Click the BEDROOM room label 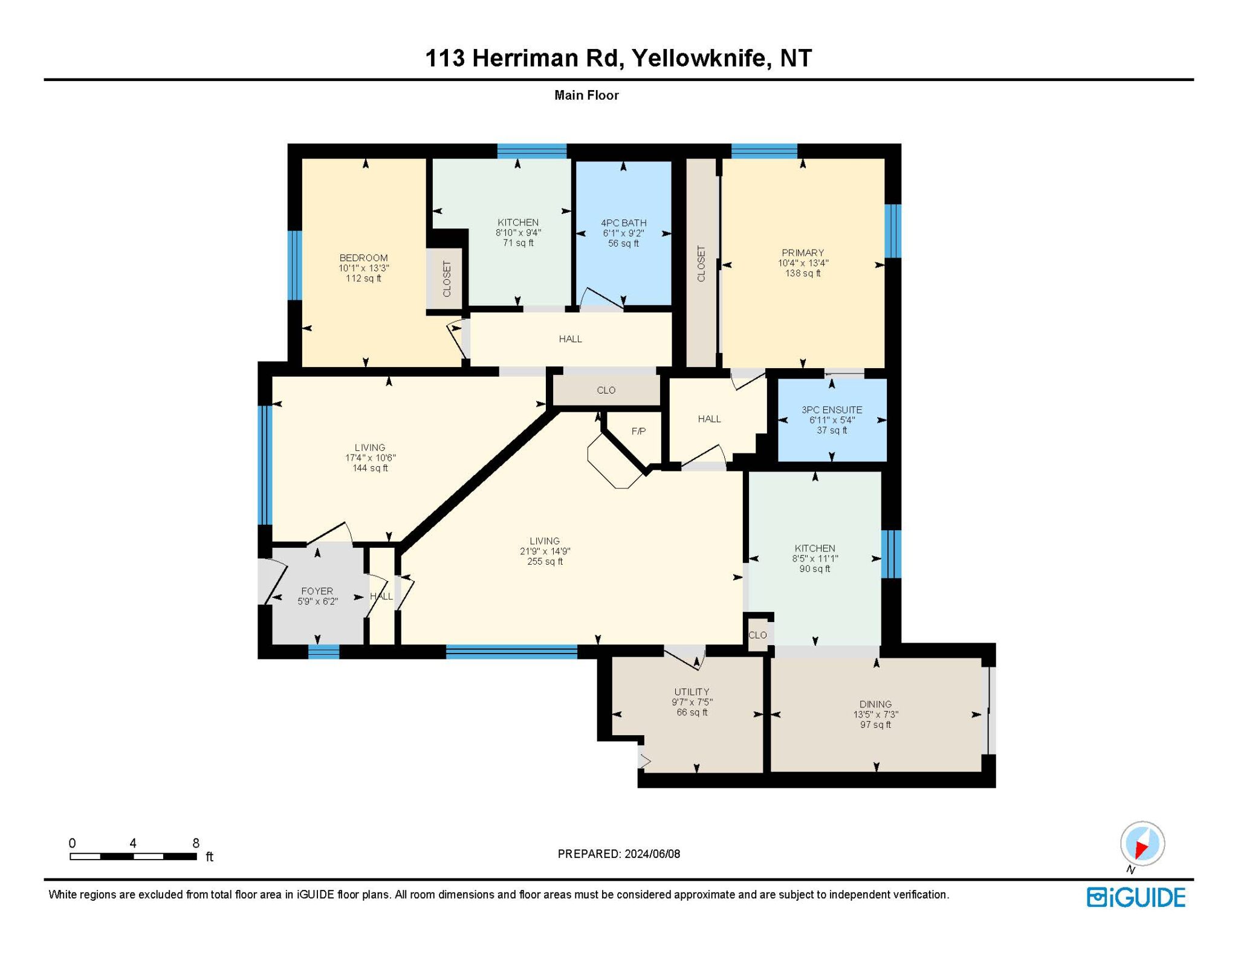click(363, 258)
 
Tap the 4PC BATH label click(623, 222)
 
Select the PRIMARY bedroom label click(803, 253)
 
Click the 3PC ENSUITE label click(832, 409)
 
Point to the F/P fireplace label click(638, 431)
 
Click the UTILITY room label click(692, 692)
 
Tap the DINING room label click(875, 704)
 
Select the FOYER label click(317, 591)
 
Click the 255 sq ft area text click(545, 562)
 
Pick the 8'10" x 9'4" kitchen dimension click(518, 233)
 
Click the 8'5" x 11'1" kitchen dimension click(815, 559)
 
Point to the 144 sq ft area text click(370, 468)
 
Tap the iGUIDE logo click(1136, 897)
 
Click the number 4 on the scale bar click(133, 843)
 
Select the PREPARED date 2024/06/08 click(652, 854)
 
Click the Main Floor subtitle click(586, 95)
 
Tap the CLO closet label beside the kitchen click(757, 635)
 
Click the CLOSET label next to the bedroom click(447, 279)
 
